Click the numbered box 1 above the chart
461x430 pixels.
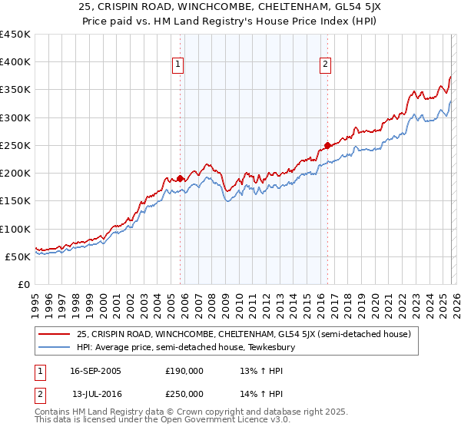tap(177, 64)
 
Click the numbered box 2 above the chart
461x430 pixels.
tap(325, 64)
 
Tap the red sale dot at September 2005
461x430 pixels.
tap(181, 178)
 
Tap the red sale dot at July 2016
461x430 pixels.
tap(327, 145)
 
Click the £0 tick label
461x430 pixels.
tap(23, 284)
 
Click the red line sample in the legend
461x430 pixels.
tap(54, 334)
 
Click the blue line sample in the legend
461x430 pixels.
tap(54, 347)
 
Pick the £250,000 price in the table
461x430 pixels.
tap(184, 393)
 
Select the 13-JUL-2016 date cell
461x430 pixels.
tap(95, 393)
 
